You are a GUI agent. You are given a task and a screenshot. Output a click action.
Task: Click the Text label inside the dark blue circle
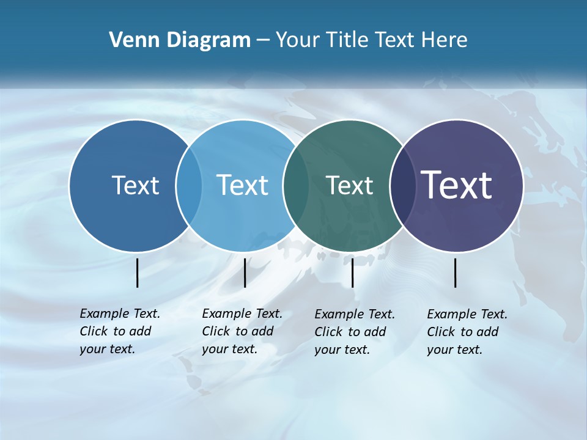pyautogui.click(x=135, y=185)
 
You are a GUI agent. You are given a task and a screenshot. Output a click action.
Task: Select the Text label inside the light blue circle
pyautogui.click(x=242, y=185)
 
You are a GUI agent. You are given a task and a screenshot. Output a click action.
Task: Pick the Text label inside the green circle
pyautogui.click(x=349, y=185)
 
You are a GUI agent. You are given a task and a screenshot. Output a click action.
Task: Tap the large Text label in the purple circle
pyautogui.click(x=457, y=185)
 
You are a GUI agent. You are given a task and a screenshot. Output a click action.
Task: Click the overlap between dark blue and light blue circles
pyautogui.click(x=189, y=185)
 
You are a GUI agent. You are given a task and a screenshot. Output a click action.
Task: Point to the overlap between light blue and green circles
pyautogui.click(x=296, y=185)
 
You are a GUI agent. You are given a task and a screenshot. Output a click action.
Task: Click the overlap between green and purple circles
pyautogui.click(x=402, y=185)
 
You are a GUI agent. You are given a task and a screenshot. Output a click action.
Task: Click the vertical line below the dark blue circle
pyautogui.click(x=137, y=273)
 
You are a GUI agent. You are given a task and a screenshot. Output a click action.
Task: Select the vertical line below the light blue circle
pyautogui.click(x=245, y=273)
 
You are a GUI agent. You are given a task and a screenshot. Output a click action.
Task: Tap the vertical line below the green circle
pyautogui.click(x=352, y=273)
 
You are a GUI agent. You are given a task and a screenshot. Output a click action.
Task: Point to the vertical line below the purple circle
pyautogui.click(x=455, y=273)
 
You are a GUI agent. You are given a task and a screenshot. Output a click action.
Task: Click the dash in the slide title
pyautogui.click(x=263, y=40)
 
